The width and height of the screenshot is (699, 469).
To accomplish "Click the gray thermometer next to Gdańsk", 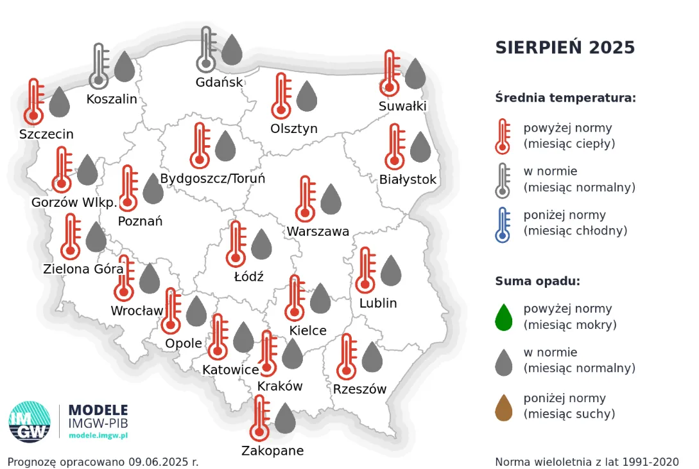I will [x=206, y=49].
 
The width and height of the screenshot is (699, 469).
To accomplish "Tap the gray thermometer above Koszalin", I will [x=98, y=66].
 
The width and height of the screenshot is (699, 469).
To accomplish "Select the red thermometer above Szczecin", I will [x=34, y=102].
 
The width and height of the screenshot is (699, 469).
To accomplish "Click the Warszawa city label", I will [x=318, y=231].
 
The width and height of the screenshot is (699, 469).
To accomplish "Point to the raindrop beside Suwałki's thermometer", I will [x=415, y=73].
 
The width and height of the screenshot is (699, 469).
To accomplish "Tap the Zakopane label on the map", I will [x=272, y=450].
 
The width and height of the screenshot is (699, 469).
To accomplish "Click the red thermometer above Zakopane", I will [x=260, y=418].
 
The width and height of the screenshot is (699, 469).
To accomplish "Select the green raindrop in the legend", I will [x=504, y=317].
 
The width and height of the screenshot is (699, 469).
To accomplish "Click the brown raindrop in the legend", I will [x=504, y=407].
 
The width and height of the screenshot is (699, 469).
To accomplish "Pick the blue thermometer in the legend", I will [x=503, y=224].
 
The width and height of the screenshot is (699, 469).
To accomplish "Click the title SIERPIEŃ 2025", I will [x=565, y=48].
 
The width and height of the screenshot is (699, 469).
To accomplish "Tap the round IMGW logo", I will [x=30, y=422].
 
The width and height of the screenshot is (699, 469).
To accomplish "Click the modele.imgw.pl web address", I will [x=98, y=435].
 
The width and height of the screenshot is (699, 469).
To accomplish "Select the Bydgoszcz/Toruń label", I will [x=212, y=179].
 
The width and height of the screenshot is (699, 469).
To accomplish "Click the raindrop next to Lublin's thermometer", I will [x=391, y=270].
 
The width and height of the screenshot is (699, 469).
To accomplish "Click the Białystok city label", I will [x=408, y=179].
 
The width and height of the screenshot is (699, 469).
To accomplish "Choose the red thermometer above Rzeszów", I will [x=347, y=357].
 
